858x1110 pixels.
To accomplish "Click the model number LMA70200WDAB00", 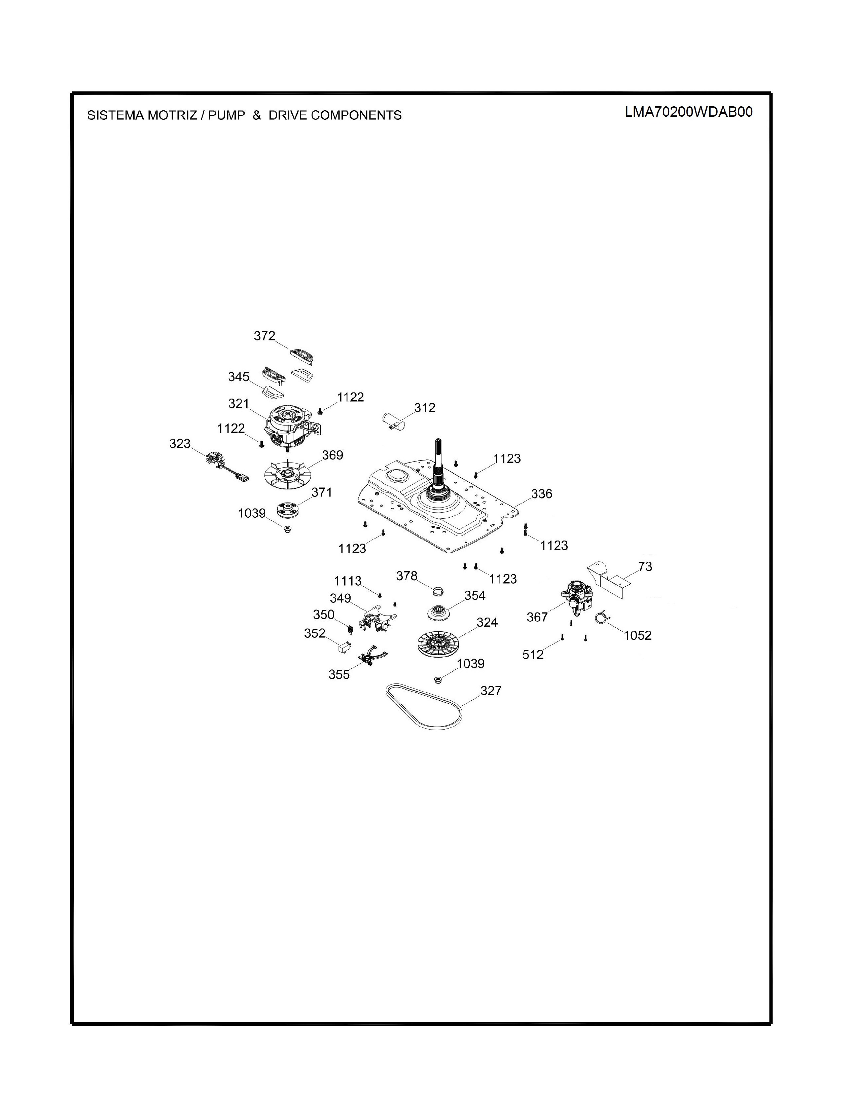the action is (689, 112).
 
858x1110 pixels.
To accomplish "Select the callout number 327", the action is (491, 690).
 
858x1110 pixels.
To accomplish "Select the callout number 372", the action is (264, 336).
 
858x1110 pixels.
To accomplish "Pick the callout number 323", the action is (180, 444).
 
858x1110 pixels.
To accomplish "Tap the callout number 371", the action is (322, 492).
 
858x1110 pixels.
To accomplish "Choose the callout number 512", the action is (533, 655).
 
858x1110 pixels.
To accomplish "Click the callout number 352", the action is (315, 633).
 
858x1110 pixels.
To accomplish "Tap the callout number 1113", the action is (348, 581).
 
